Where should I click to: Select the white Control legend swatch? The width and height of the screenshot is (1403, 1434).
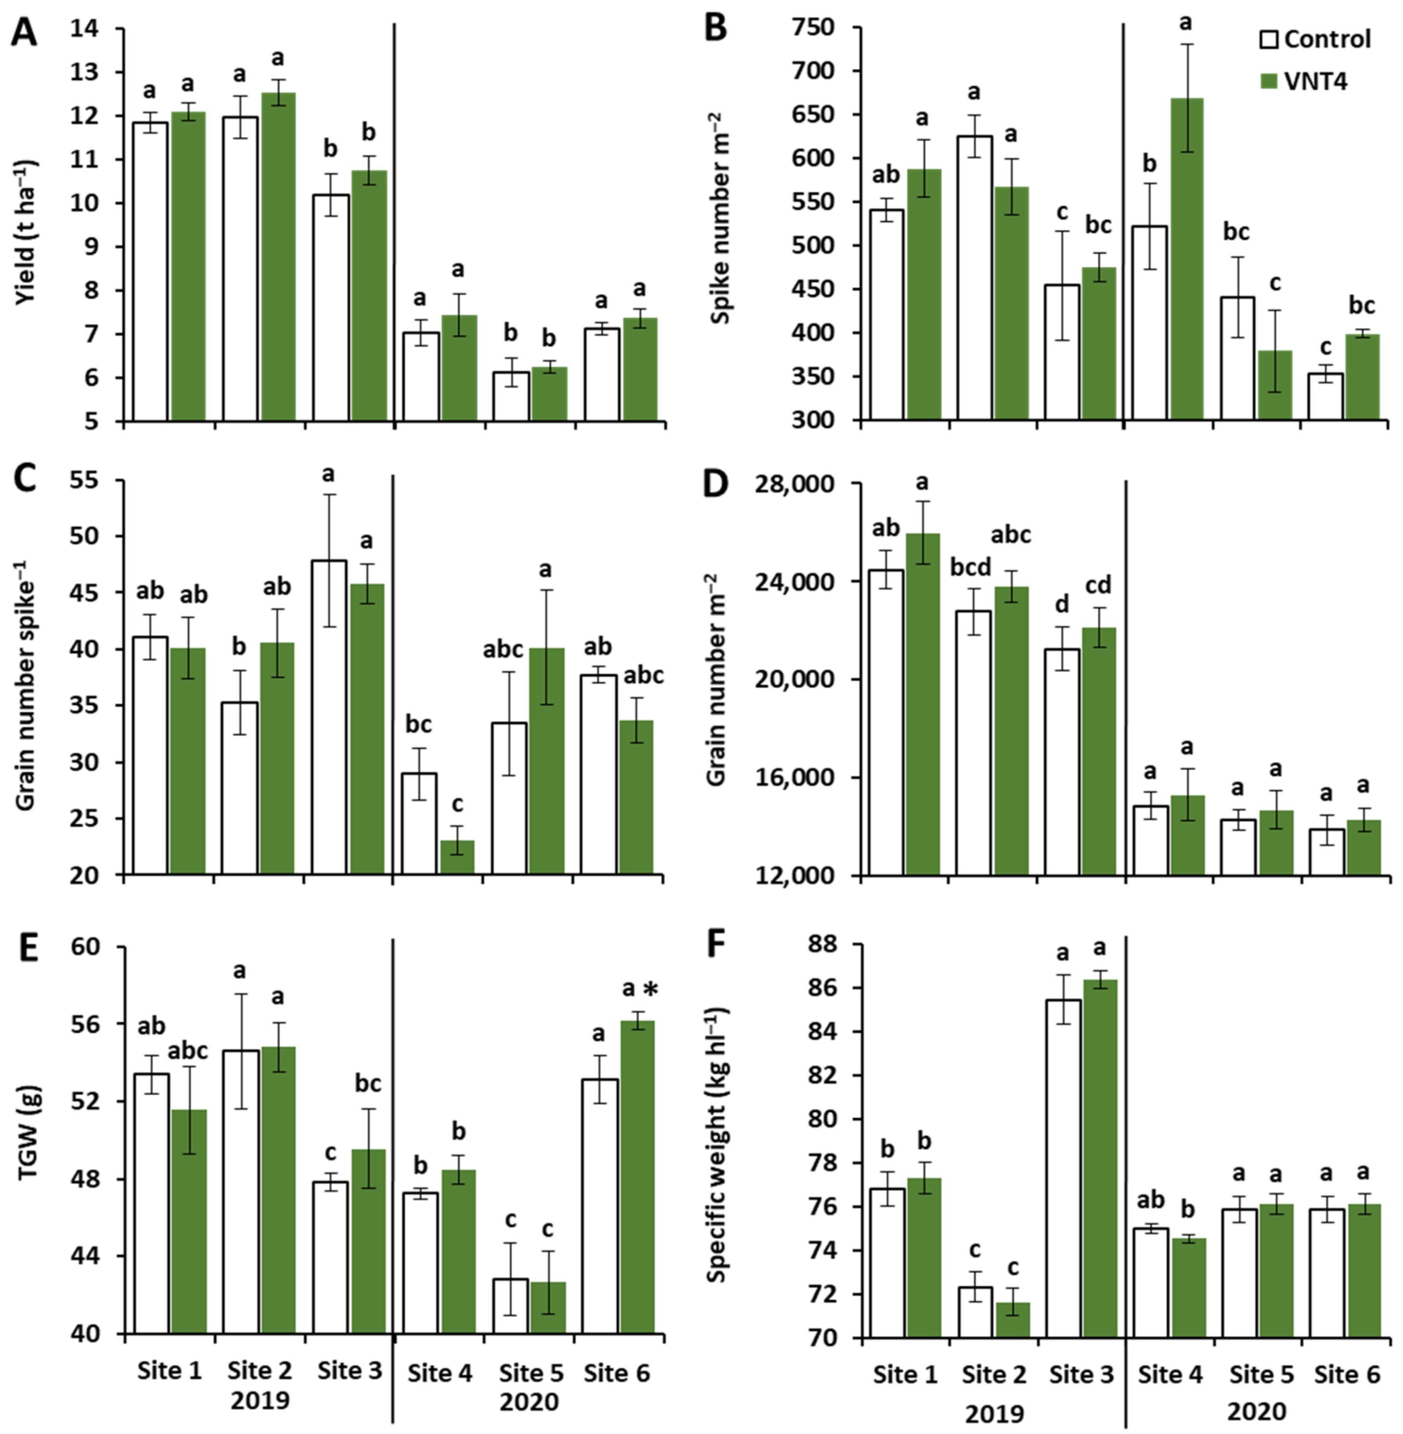[x=1269, y=39]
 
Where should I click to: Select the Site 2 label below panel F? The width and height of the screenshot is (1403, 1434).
[x=994, y=1373]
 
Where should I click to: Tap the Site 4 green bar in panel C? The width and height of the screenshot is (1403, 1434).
[x=457, y=857]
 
